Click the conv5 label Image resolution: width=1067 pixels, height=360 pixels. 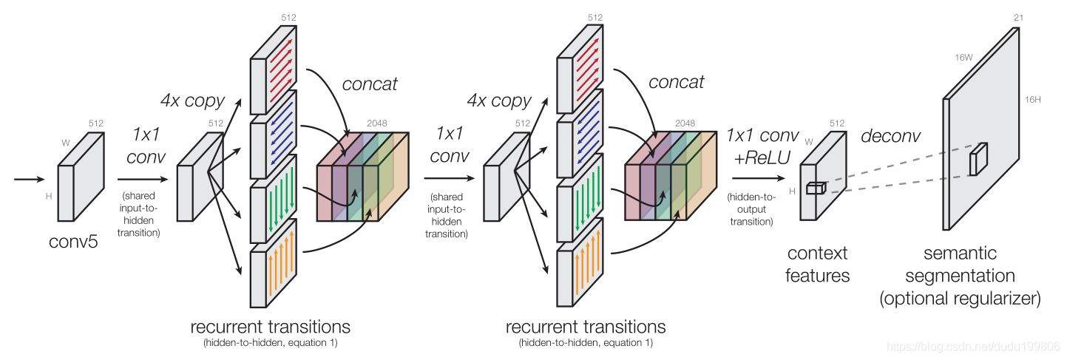pos(73,242)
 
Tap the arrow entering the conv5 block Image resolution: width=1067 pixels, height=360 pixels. pos(29,180)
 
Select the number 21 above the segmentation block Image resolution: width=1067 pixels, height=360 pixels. pos(1018,18)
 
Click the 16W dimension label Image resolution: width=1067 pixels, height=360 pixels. pos(963,58)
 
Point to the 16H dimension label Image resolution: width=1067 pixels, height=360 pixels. pos(1033,100)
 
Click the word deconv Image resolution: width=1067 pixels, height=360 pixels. pos(890,136)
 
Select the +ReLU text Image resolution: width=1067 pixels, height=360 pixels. pos(762,157)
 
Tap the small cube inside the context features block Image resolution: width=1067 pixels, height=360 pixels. pos(816,188)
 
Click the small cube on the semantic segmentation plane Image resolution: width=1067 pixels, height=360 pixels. pos(978,159)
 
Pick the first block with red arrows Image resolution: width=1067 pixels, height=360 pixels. pos(274,70)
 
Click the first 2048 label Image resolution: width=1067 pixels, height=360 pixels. pos(377,123)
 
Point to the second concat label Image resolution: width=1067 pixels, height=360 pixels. pos(676,82)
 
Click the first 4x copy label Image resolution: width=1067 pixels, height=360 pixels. pos(192,101)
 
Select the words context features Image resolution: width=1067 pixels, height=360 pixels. pos(817,265)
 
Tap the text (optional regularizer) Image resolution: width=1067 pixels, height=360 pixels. pos(960,299)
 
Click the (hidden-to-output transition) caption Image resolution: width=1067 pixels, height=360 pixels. pos(752,209)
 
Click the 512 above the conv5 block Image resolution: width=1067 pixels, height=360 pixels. pos(95,123)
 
